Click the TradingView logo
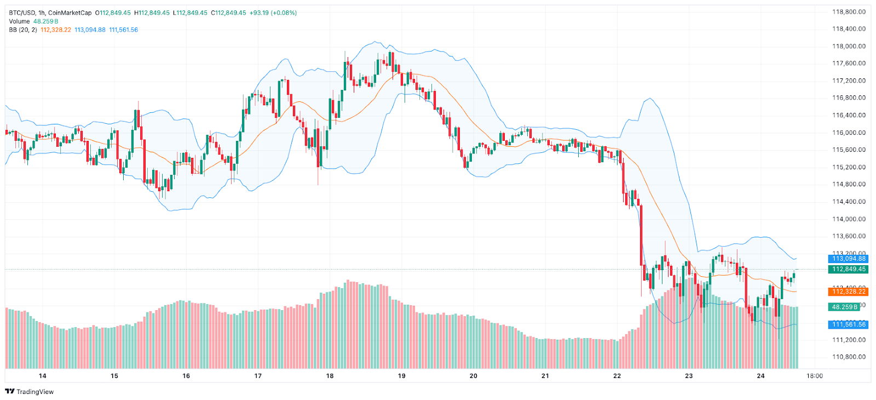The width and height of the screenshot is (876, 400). pyautogui.click(x=30, y=391)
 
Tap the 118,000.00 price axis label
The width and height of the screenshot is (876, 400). pyautogui.click(x=849, y=46)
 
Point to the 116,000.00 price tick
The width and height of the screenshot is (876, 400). pyautogui.click(x=849, y=133)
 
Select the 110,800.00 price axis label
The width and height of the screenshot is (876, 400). pyautogui.click(x=849, y=357)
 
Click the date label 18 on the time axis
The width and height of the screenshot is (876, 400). pyautogui.click(x=330, y=376)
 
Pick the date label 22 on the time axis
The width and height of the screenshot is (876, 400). pyautogui.click(x=617, y=376)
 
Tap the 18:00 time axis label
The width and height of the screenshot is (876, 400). pyautogui.click(x=815, y=376)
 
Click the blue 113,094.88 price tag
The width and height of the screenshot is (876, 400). pyautogui.click(x=849, y=259)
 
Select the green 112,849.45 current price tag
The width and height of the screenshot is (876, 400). pyautogui.click(x=849, y=269)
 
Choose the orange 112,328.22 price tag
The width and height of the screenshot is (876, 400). pyautogui.click(x=849, y=292)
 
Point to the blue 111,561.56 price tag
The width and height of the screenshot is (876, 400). pyautogui.click(x=849, y=324)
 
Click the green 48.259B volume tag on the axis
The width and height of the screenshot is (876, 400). pyautogui.click(x=845, y=307)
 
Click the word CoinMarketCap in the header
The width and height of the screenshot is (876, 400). pyautogui.click(x=70, y=13)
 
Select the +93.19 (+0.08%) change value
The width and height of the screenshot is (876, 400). pyautogui.click(x=273, y=13)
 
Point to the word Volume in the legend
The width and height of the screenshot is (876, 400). pyautogui.click(x=19, y=21)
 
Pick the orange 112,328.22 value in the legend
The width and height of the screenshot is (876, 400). pyautogui.click(x=56, y=30)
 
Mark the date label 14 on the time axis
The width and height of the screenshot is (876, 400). pyautogui.click(x=43, y=376)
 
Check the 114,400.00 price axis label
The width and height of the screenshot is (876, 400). pyautogui.click(x=849, y=202)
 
